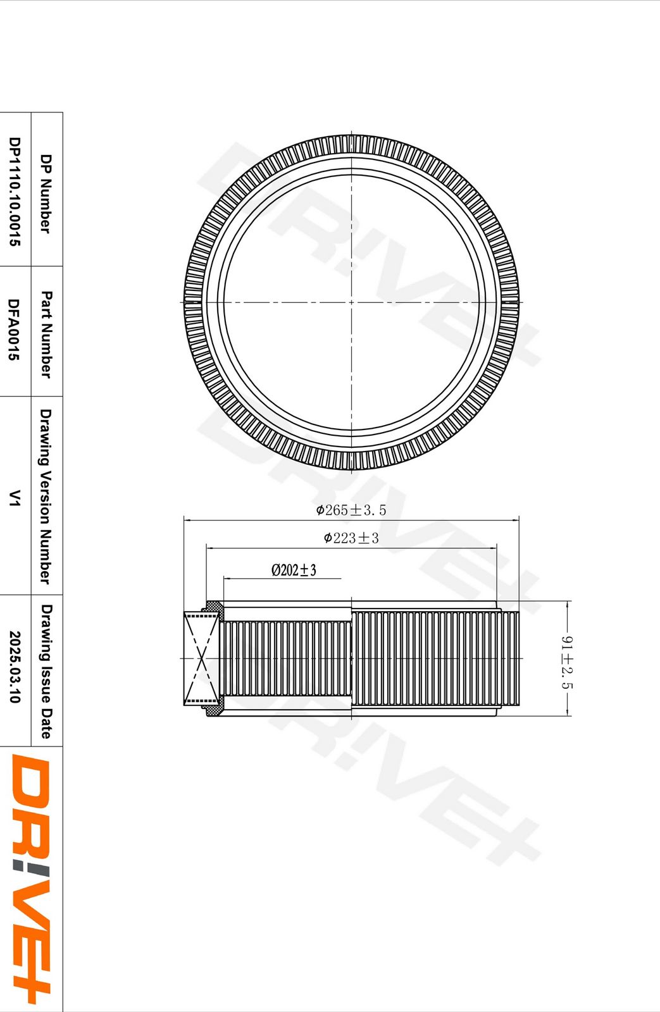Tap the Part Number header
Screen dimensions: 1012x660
point(46,334)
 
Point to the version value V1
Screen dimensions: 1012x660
point(15,497)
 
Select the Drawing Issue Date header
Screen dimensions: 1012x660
point(46,671)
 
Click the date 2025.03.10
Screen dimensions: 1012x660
point(15,667)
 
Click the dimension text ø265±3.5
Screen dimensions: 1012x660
point(351,510)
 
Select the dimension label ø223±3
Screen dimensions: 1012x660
point(351,538)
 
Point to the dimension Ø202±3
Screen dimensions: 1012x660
point(294,570)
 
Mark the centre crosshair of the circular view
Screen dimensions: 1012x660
point(352,302)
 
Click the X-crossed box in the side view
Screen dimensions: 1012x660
point(201,658)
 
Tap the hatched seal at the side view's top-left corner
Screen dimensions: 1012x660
point(213,608)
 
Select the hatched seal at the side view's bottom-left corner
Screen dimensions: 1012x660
point(214,707)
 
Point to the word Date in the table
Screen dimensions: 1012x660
point(46,724)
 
